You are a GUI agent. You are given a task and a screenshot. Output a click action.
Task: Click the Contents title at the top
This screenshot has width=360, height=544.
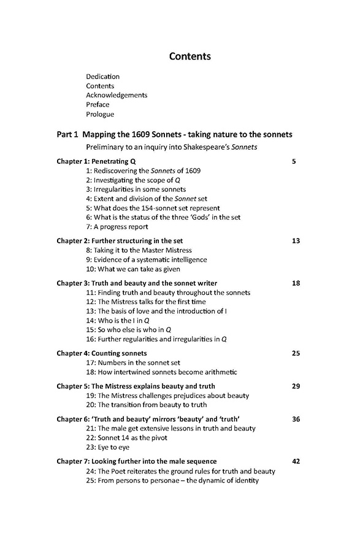tap(190, 56)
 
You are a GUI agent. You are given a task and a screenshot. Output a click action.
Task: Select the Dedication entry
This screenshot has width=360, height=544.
tap(103, 77)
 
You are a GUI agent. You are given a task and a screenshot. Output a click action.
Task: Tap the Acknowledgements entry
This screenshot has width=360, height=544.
tap(117, 95)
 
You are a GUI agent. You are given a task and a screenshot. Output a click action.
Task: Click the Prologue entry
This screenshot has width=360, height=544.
tap(100, 114)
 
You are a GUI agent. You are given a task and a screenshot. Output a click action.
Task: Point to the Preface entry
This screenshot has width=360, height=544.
tap(98, 105)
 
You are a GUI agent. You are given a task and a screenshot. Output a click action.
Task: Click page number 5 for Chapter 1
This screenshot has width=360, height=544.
tap(294, 161)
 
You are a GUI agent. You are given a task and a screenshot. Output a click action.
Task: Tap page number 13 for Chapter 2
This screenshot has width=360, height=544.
tap(296, 240)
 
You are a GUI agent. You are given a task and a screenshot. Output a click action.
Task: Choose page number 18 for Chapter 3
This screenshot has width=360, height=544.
tap(296, 283)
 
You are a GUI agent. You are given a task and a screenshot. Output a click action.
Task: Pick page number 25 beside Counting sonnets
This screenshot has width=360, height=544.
tap(296, 353)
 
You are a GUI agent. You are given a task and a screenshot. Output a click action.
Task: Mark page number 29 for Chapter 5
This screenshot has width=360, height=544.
tap(296, 386)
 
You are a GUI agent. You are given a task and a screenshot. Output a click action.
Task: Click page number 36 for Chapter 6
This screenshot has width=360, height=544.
tap(296, 419)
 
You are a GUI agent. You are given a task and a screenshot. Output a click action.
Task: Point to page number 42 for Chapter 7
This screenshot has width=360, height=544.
tap(296, 461)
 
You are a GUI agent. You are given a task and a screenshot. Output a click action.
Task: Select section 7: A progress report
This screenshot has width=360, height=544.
tap(117, 226)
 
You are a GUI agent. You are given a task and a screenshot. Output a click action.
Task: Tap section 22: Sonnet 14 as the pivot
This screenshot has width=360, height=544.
tap(126, 438)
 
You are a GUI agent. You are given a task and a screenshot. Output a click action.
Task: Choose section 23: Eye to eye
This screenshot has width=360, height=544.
tap(108, 447)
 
